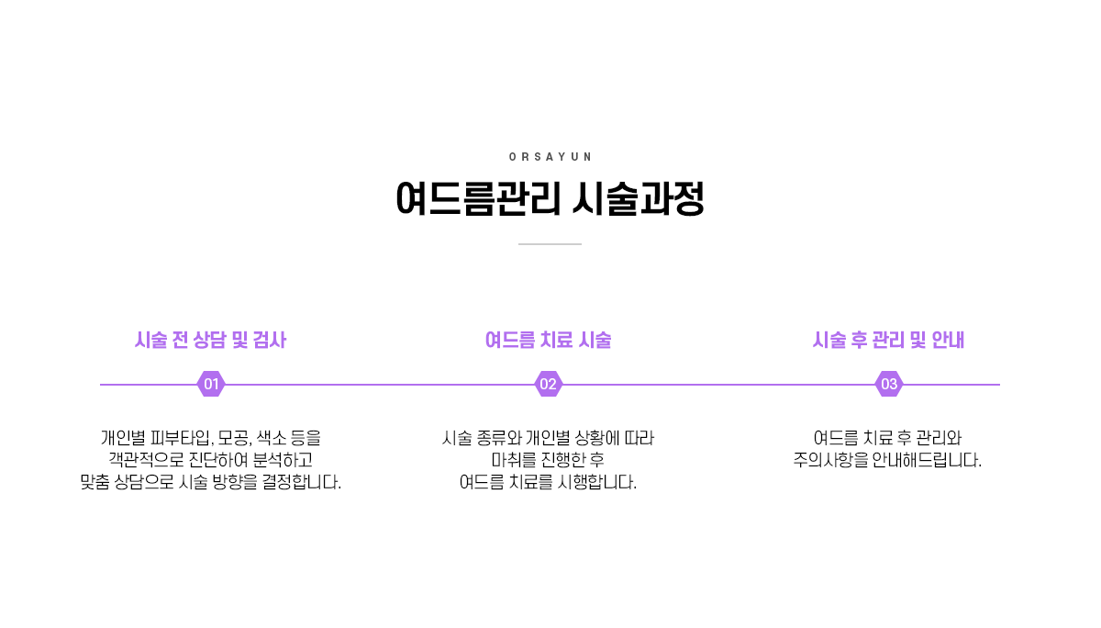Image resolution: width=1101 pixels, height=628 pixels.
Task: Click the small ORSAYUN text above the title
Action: point(550,157)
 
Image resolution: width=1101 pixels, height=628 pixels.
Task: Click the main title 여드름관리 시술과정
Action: point(550,199)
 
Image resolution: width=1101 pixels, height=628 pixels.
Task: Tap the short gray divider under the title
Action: point(550,244)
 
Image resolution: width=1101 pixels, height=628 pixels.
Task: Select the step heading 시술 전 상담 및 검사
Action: point(210,341)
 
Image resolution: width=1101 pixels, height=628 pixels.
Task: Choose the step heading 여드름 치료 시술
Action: point(548,341)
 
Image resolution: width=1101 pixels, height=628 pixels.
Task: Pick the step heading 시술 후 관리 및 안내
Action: point(888,341)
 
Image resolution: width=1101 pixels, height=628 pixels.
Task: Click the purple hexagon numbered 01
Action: point(211,385)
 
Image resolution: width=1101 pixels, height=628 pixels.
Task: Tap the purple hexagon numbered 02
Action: point(548,385)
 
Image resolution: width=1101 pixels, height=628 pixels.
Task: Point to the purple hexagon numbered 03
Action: point(889,385)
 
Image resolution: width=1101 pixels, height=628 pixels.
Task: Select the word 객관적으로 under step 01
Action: point(145,460)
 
